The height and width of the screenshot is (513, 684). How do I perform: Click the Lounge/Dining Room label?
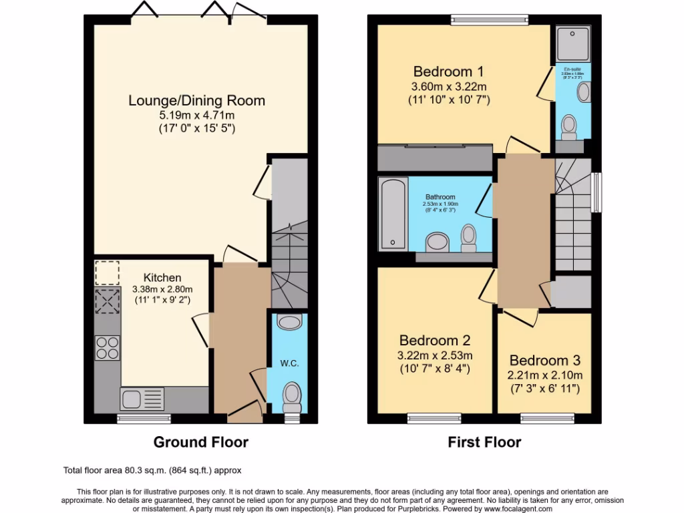click(196, 101)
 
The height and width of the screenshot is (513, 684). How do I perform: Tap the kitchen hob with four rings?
click(108, 347)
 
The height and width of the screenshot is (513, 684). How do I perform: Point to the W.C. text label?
click(289, 364)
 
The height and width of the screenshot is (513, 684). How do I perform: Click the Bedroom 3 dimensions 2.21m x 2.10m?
click(546, 375)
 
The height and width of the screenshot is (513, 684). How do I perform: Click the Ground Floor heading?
click(200, 442)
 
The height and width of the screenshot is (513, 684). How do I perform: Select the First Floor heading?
click(484, 442)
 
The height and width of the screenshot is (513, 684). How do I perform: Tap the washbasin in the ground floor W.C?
click(289, 323)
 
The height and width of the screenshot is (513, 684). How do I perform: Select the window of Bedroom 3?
click(546, 418)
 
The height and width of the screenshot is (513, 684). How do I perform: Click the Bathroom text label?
click(439, 197)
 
